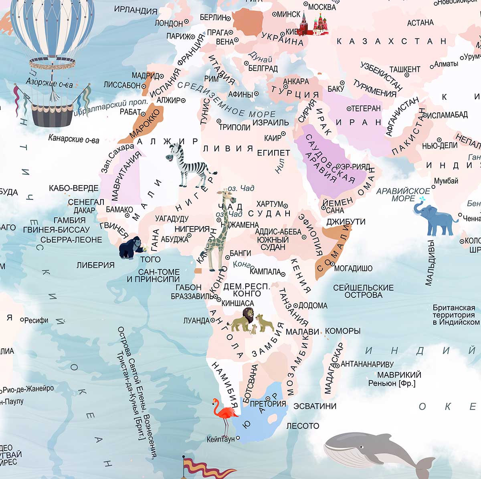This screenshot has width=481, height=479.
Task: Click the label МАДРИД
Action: point(146,75)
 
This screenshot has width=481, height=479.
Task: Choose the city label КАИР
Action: point(273,138)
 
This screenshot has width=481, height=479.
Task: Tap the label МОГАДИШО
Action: point(353,268)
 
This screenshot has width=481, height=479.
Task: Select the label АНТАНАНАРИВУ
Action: point(367,364)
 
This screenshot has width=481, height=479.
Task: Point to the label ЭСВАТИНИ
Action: point(315,406)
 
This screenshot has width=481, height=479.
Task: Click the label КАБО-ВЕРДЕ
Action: point(73,188)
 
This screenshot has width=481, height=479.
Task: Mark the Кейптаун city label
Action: point(220,439)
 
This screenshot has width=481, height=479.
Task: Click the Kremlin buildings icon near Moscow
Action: point(314,24)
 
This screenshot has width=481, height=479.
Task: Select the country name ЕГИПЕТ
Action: point(273,153)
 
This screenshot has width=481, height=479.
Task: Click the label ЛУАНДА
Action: point(196,321)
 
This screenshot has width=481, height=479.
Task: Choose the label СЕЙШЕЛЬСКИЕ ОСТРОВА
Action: point(363,291)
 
